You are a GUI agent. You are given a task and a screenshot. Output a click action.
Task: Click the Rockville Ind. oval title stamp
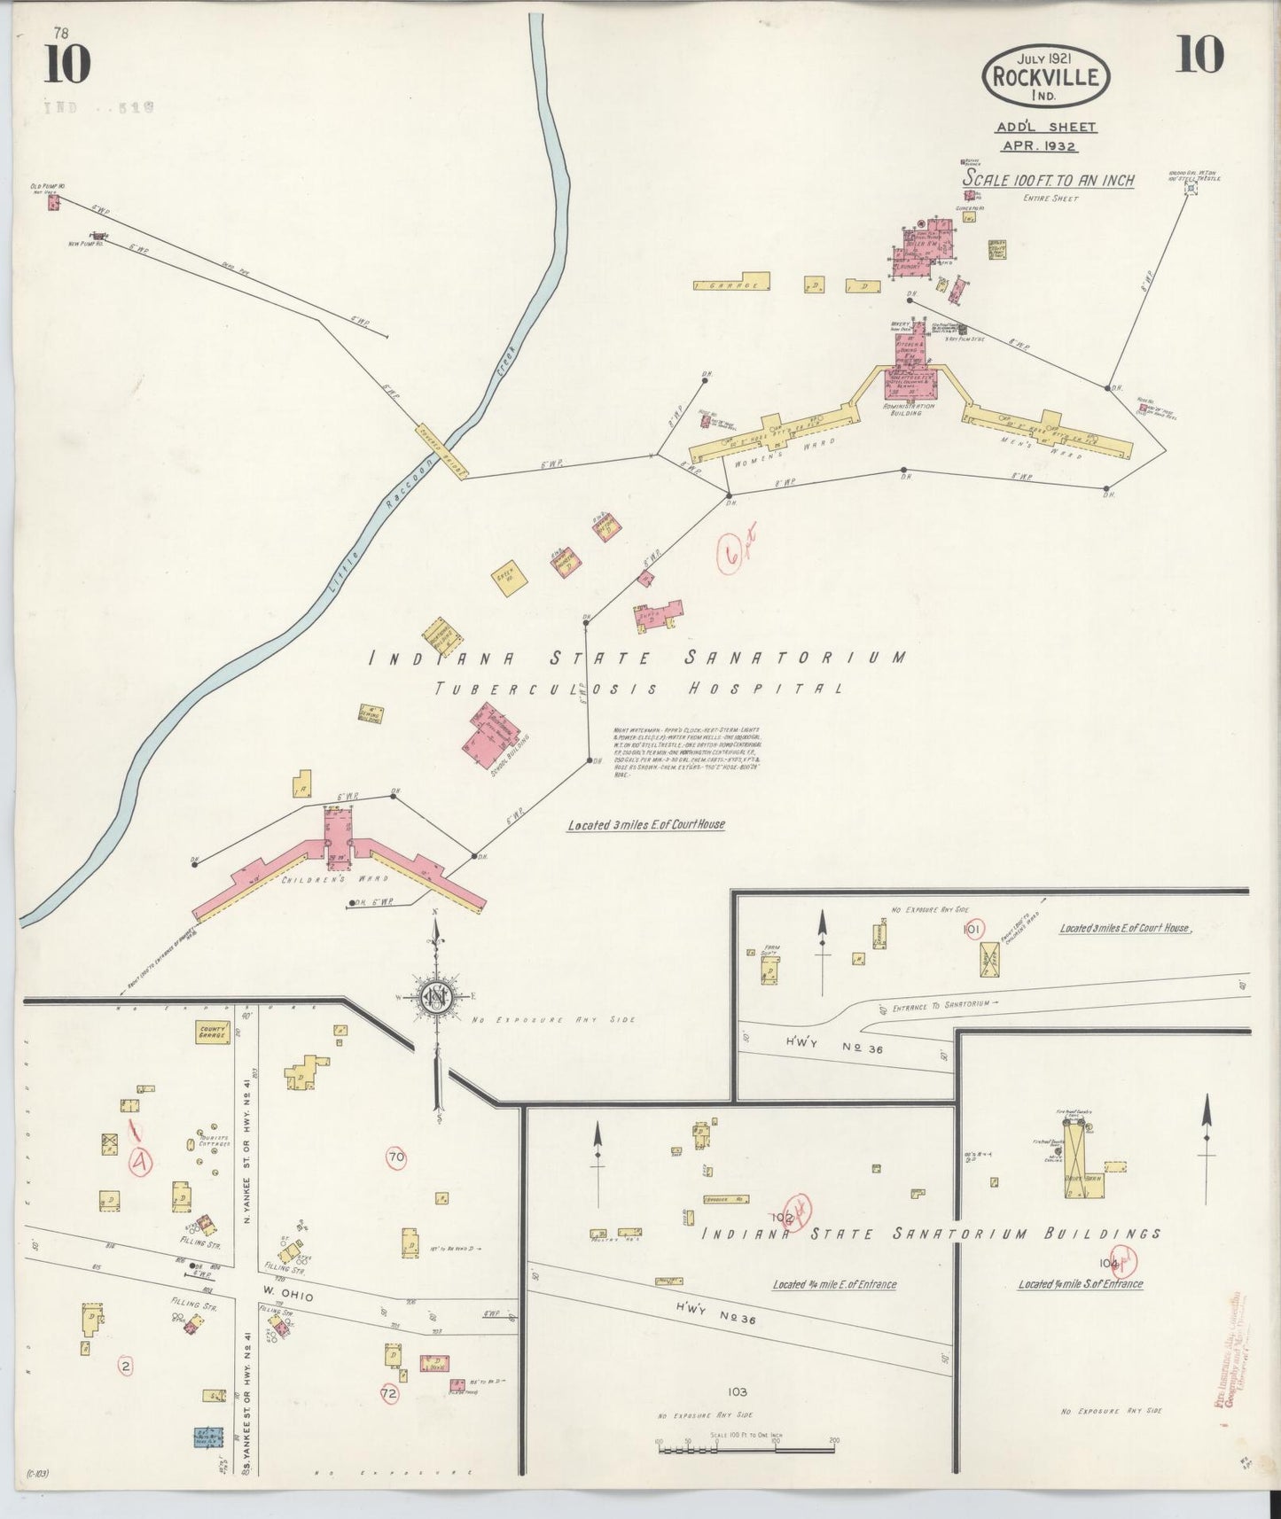tap(1045, 77)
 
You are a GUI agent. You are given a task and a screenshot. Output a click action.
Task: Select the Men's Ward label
tap(1054, 448)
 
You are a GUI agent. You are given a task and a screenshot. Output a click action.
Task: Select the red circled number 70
tap(396, 1156)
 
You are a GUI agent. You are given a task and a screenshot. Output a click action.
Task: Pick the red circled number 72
tap(390, 1393)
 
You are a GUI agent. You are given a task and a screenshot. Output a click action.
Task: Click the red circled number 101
tap(973, 929)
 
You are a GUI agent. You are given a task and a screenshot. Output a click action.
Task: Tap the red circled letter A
tap(139, 1162)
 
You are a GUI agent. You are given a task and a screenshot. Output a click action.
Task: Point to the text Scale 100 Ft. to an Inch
tap(1049, 180)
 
